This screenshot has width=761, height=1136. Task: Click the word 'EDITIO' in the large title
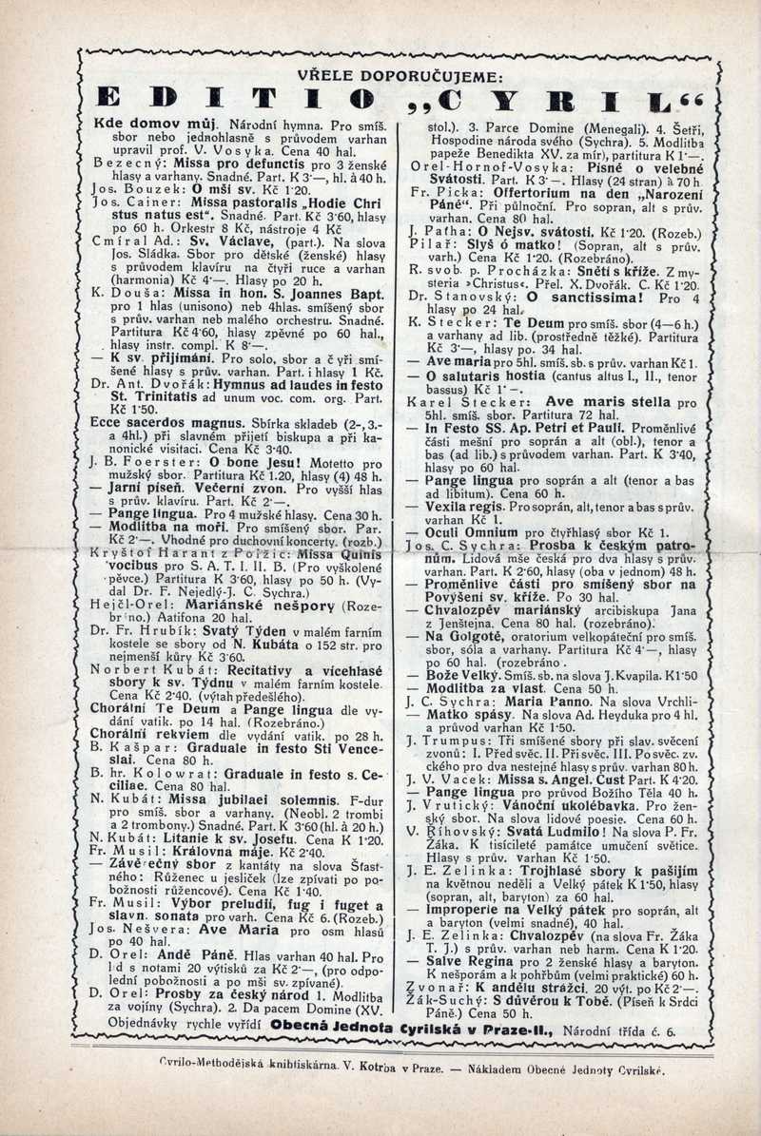pyautogui.click(x=237, y=103)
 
